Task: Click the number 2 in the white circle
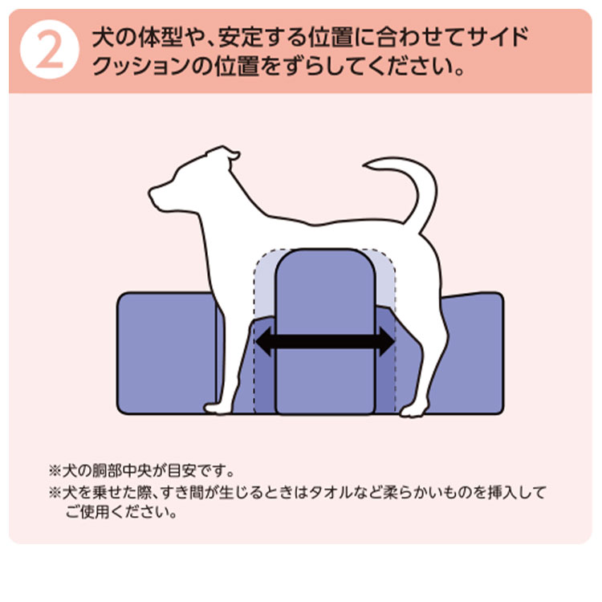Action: (x=48, y=51)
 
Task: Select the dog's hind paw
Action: (x=413, y=411)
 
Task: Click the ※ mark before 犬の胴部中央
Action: (x=56, y=470)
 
